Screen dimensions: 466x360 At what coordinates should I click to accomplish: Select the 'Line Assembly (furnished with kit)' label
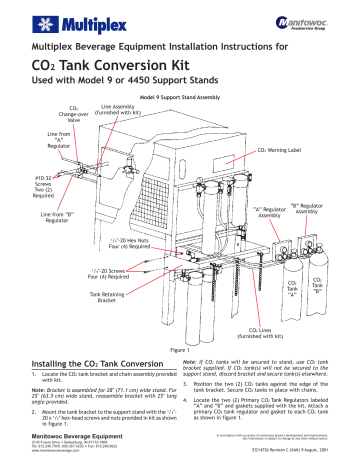[123, 111]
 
